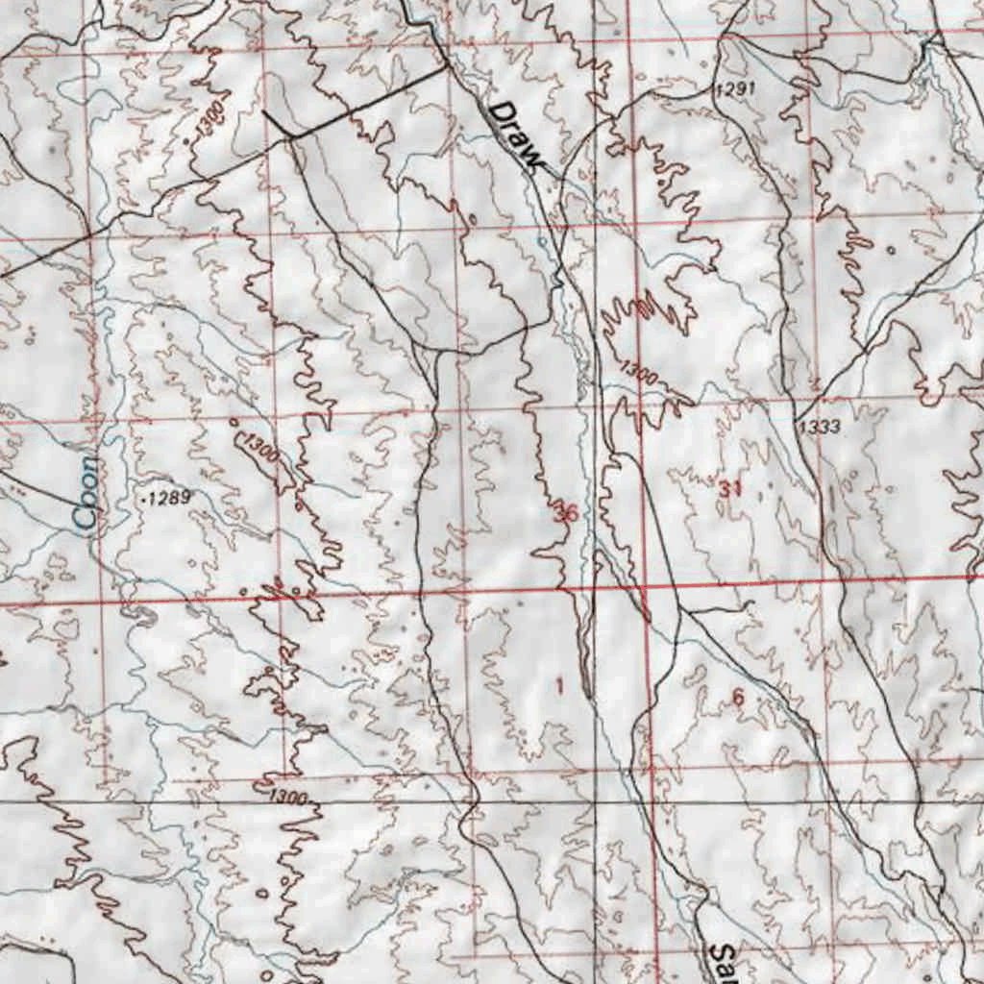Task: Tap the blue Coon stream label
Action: [x=87, y=493]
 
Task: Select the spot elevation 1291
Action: [x=736, y=88]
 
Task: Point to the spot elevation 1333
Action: [x=818, y=426]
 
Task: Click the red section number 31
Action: [x=730, y=489]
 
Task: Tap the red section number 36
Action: [x=566, y=514]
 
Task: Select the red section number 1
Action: [x=560, y=685]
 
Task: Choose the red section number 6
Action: [x=737, y=698]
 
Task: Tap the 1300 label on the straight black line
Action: [x=287, y=798]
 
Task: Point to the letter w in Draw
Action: [x=533, y=158]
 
